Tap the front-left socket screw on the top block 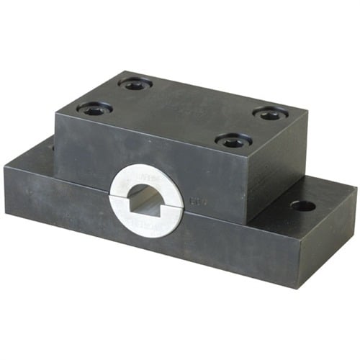click(94, 109)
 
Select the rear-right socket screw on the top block click(271, 113)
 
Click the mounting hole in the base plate click(302, 206)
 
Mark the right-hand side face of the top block click(276, 173)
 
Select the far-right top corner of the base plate click(356, 189)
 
